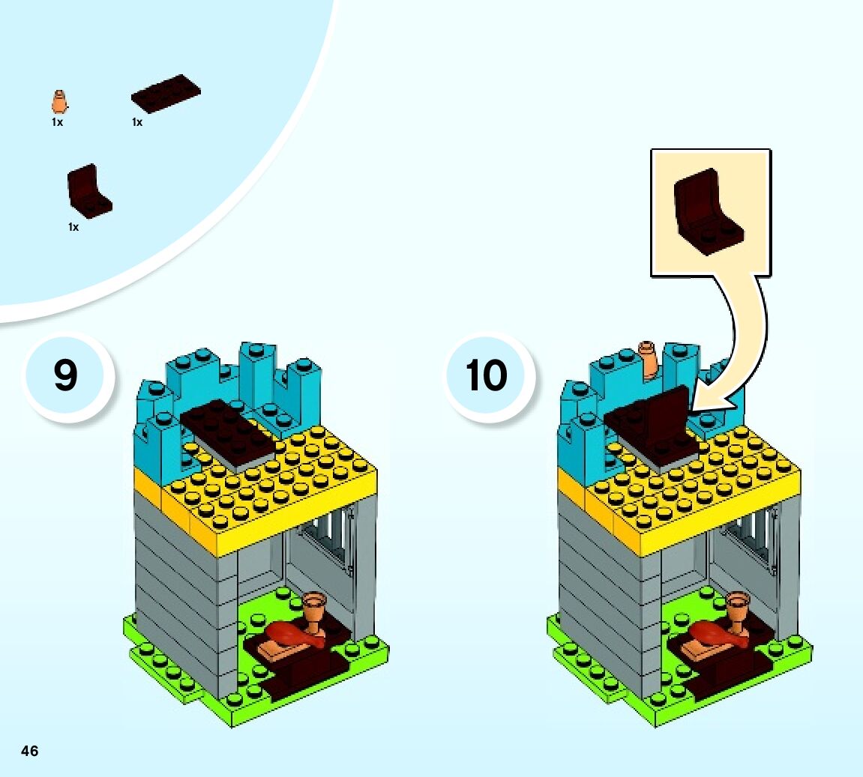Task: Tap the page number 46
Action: click(x=30, y=751)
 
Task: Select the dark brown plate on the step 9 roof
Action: click(x=229, y=431)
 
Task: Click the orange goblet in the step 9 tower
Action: click(x=315, y=611)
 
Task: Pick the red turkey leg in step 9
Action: click(x=295, y=635)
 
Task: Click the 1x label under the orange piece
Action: click(x=57, y=122)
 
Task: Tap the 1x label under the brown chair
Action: click(x=73, y=227)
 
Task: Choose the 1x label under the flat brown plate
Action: click(x=137, y=122)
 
